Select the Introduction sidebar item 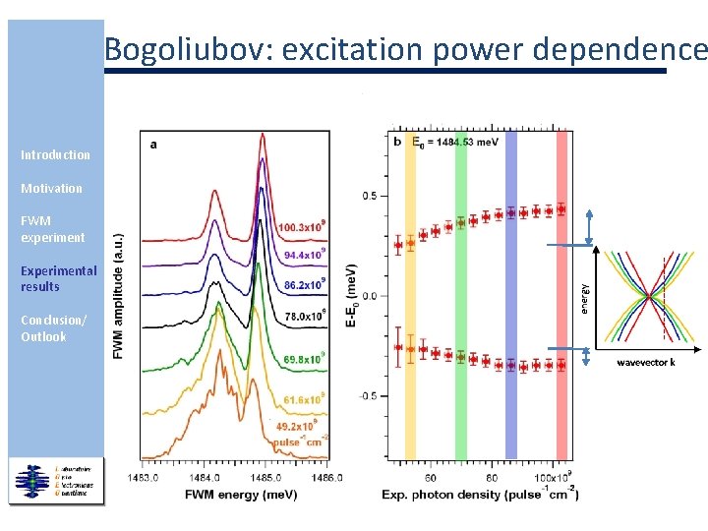coord(55,154)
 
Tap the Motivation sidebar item coord(51,188)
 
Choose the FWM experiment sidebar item coord(52,229)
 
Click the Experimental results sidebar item coord(58,278)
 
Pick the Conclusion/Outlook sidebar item coord(53,328)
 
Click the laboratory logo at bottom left coord(56,480)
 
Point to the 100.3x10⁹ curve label coord(302,227)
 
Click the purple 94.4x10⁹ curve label coord(305,255)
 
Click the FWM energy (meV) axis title coord(233,494)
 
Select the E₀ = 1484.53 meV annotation coord(454,143)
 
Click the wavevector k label coord(645,363)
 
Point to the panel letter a coord(152,145)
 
